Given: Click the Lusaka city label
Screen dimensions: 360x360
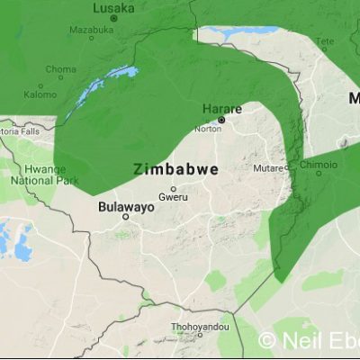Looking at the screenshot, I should point(114,7).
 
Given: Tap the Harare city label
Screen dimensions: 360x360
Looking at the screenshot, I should point(221,109).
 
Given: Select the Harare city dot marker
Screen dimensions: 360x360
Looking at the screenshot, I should point(221,119).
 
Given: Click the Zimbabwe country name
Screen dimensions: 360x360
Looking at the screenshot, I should point(176,168).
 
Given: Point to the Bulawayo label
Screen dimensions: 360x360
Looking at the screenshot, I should point(126,206).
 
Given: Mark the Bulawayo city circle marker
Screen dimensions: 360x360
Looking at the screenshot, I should point(126,217).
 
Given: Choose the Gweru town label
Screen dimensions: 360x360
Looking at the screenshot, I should point(173,196).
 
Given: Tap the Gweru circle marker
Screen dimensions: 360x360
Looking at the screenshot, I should point(174,188).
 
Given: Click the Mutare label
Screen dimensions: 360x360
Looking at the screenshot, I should point(268,168).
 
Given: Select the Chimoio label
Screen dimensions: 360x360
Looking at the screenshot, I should point(318,166).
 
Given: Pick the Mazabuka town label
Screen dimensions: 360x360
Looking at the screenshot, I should point(91,29).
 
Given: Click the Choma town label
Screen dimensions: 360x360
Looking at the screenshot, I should point(61,68).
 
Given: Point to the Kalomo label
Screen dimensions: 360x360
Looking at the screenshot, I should point(40,94).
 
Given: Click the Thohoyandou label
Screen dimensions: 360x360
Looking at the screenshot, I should point(200,328).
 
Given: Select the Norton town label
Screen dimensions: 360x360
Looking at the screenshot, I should point(207,129).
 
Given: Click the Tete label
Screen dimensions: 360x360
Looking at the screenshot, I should point(323,40).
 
